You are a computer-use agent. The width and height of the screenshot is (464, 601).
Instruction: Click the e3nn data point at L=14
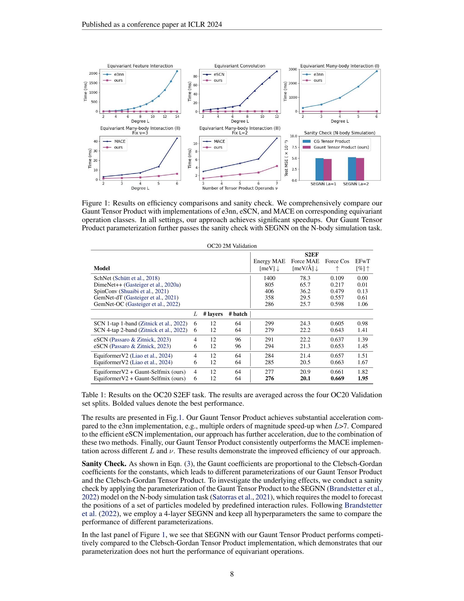pyautogui.click(x=177, y=71)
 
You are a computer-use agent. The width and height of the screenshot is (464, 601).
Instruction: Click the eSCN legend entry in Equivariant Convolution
pyautogui.click(x=219, y=74)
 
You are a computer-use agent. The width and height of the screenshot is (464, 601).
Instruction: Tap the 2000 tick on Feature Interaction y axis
pyautogui.click(x=93, y=73)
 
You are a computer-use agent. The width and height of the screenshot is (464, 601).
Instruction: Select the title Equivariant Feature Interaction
pyautogui.click(x=140, y=66)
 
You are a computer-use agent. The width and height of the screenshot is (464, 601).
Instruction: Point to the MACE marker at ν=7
pyautogui.click(x=277, y=138)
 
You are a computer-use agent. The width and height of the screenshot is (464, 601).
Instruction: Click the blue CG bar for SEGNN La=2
pyautogui.click(x=352, y=169)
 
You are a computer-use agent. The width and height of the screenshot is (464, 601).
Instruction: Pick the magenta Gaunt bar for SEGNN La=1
pyautogui.click(x=327, y=170)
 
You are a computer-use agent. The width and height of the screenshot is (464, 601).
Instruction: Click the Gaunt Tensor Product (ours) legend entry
pyautogui.click(x=341, y=147)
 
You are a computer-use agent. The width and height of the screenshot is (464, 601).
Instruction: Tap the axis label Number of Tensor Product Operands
pyautogui.click(x=240, y=188)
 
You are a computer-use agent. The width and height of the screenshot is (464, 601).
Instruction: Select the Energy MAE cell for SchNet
pyautogui.click(x=269, y=278)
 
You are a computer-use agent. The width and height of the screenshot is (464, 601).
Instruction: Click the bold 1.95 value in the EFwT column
pyautogui.click(x=362, y=378)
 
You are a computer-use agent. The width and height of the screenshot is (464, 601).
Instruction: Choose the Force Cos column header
pyautogui.click(x=337, y=261)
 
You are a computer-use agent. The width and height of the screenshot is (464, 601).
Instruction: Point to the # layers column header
pyautogui.click(x=213, y=314)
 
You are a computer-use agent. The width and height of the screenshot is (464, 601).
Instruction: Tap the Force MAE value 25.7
pyautogui.click(x=305, y=304)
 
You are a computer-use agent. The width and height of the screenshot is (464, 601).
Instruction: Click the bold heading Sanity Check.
pyautogui.click(x=104, y=464)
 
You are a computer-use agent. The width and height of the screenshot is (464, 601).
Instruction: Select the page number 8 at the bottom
pyautogui.click(x=232, y=574)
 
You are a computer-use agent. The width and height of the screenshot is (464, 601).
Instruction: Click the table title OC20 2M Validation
pyautogui.click(x=232, y=246)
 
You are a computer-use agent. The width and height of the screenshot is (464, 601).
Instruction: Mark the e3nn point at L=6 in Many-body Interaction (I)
pyautogui.click(x=377, y=71)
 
